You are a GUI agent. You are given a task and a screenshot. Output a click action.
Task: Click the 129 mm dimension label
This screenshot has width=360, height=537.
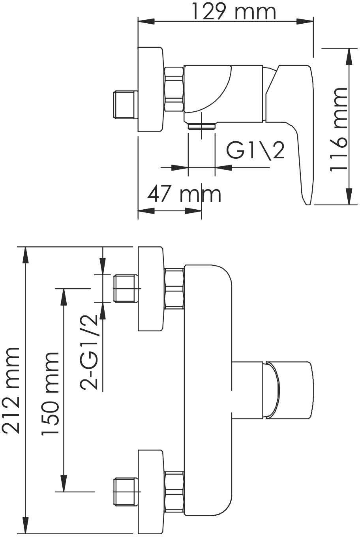point(234,12)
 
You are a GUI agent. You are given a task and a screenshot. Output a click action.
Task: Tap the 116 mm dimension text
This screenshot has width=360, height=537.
point(338,130)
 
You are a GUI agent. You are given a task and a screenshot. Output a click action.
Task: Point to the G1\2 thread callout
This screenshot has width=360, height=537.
point(255,151)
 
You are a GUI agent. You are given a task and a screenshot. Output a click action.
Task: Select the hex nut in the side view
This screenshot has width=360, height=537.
point(174,89)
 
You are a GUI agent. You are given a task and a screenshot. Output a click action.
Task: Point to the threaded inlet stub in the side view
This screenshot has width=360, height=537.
point(125,105)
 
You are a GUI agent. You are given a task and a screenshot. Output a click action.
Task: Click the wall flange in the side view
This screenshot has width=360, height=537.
point(151,89)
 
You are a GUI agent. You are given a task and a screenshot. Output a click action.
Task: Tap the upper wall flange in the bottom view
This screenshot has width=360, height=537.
point(151,289)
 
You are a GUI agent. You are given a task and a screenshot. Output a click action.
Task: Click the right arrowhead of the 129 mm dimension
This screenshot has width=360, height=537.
point(305,21)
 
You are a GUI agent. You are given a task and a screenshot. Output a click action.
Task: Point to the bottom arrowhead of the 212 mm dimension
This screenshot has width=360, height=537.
point(26,527)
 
